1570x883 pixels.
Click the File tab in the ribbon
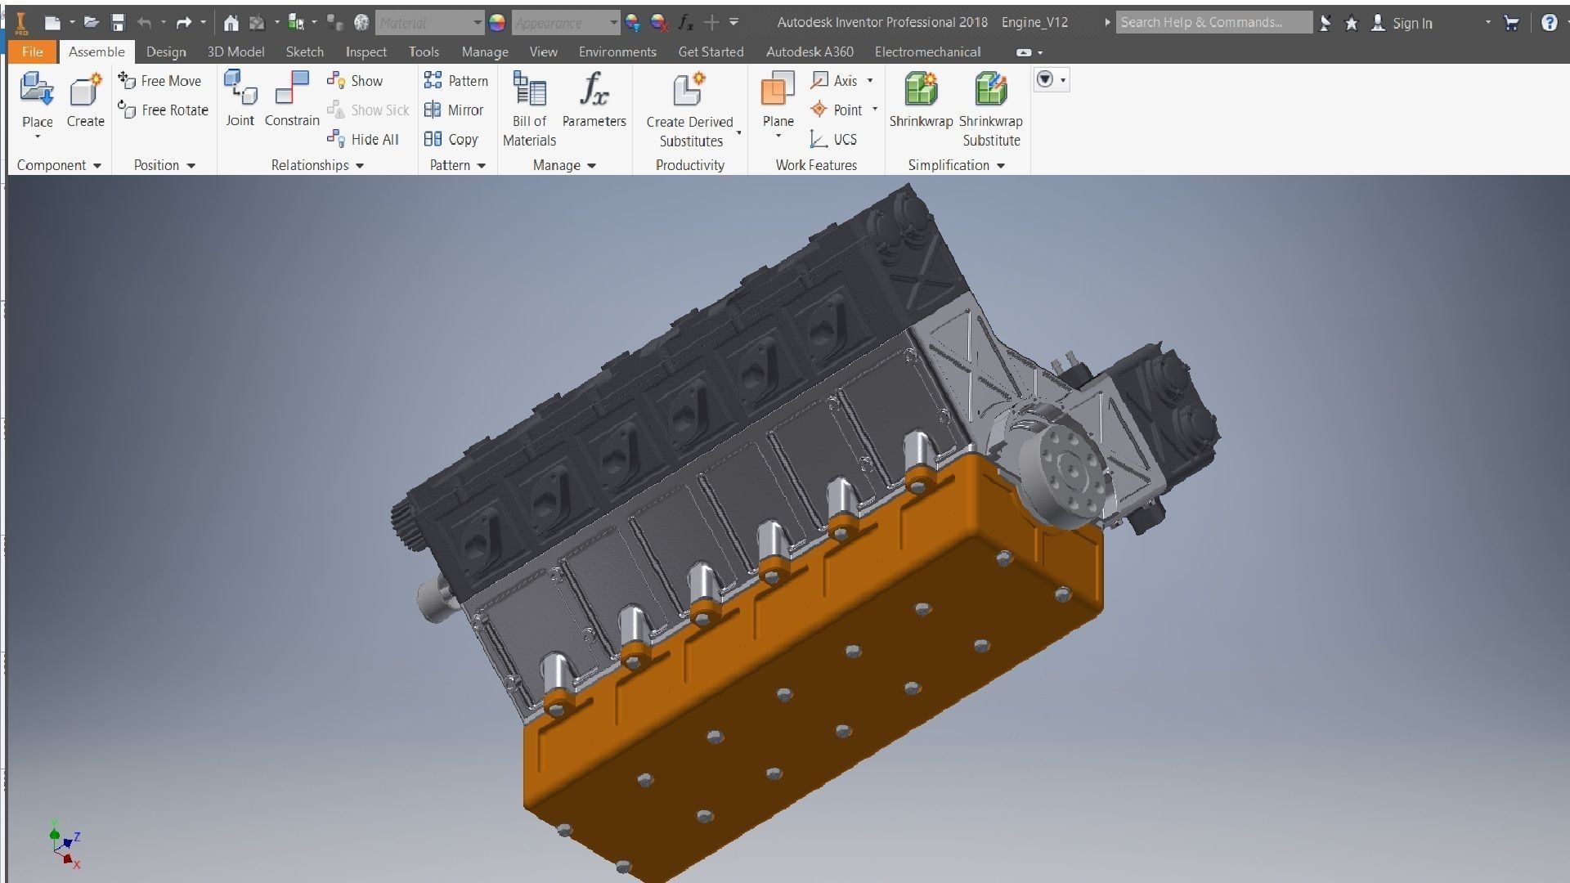click(33, 52)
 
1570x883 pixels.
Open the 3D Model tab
click(235, 52)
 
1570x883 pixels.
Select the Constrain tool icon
click(292, 88)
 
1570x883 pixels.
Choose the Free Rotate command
click(164, 110)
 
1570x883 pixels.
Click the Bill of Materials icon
click(529, 90)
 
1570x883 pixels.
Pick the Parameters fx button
click(594, 90)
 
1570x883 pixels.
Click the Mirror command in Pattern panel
click(455, 110)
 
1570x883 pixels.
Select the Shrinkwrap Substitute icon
click(990, 90)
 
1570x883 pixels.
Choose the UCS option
click(834, 139)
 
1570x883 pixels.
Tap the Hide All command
click(364, 139)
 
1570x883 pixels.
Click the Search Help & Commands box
click(1212, 22)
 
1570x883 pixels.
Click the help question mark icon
click(1549, 23)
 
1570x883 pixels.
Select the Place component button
click(37, 90)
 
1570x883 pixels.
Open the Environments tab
click(617, 52)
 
